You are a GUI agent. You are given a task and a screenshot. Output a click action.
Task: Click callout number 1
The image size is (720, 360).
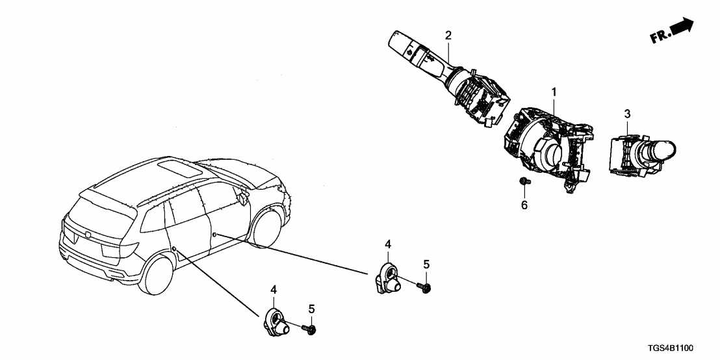(554, 93)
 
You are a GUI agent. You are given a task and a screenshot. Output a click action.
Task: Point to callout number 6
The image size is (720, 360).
(524, 206)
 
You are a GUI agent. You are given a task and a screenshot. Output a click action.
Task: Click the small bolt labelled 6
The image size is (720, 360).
(524, 183)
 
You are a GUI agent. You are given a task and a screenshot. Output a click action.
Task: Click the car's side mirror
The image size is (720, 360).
(243, 197)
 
